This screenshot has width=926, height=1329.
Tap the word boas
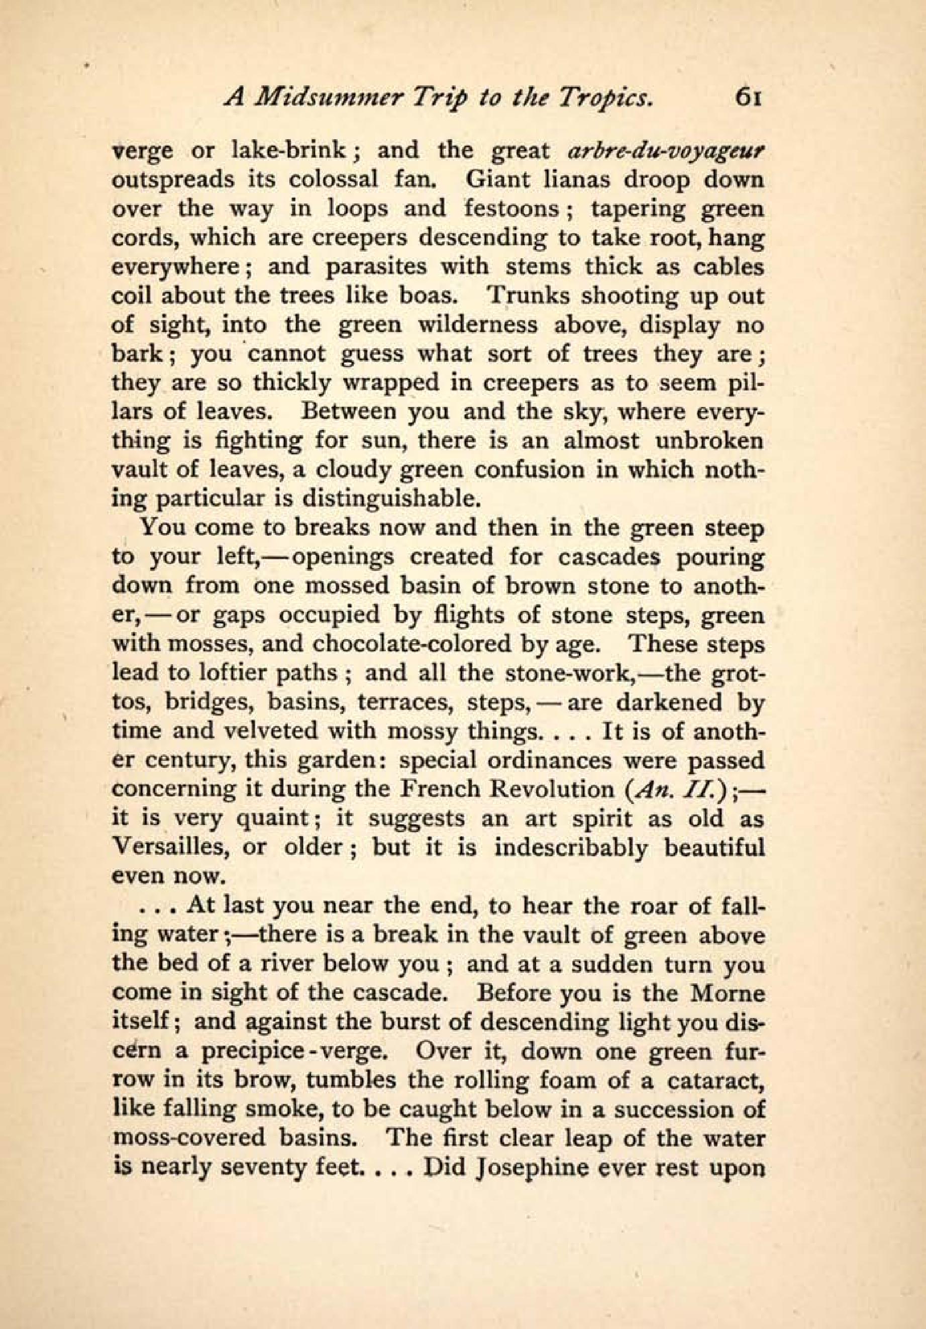click(x=426, y=296)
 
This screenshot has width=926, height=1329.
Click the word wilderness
click(x=480, y=325)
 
